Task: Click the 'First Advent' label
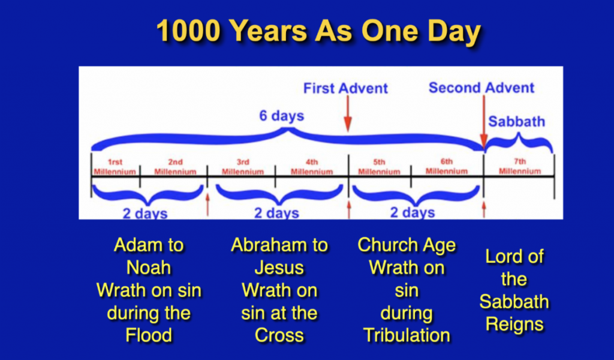click(x=345, y=88)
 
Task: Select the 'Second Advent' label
click(x=481, y=88)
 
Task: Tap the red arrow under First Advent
click(x=347, y=113)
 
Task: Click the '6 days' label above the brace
click(x=281, y=115)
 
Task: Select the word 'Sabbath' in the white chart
click(x=516, y=122)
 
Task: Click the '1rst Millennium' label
click(x=115, y=166)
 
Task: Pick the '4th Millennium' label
click(x=311, y=166)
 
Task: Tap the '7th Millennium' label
click(x=519, y=166)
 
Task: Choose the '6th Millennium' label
click(x=447, y=166)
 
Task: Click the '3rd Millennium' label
click(x=243, y=166)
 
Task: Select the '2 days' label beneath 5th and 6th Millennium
click(x=413, y=212)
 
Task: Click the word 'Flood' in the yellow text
click(x=149, y=335)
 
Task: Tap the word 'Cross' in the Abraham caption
click(x=279, y=335)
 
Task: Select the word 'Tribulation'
click(x=407, y=335)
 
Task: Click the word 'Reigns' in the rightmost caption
click(x=514, y=324)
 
